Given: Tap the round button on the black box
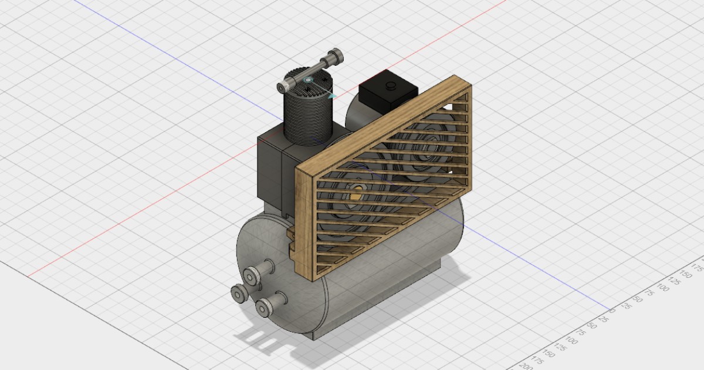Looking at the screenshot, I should (x=391, y=86).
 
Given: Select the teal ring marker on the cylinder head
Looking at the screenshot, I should (x=309, y=79).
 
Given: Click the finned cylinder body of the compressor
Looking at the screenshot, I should (x=307, y=117).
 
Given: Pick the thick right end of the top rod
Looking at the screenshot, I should (x=335, y=57).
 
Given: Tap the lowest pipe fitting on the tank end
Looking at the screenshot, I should (x=266, y=305).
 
